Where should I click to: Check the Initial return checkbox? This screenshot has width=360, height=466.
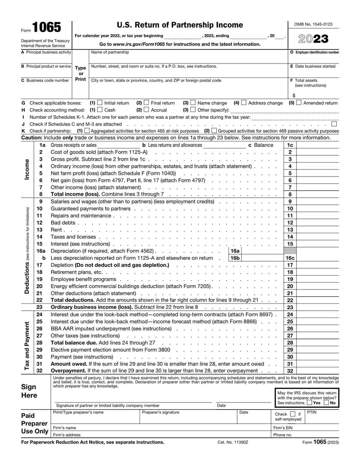[100, 103]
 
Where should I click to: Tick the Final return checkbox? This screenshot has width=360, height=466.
[146, 103]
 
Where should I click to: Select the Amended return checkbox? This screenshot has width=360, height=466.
[299, 103]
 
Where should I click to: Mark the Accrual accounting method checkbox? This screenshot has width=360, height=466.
[146, 110]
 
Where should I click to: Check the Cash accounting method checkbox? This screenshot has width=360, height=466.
[100, 110]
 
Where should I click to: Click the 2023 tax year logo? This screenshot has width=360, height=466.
[314, 39]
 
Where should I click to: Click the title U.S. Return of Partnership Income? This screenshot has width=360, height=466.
[180, 25]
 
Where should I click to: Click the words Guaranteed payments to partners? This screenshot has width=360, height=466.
[90, 208]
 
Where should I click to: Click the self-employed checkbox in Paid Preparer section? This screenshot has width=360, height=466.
[292, 414]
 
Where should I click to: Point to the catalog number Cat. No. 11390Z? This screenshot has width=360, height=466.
[233, 442]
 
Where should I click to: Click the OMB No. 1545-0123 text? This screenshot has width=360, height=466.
[313, 24]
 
